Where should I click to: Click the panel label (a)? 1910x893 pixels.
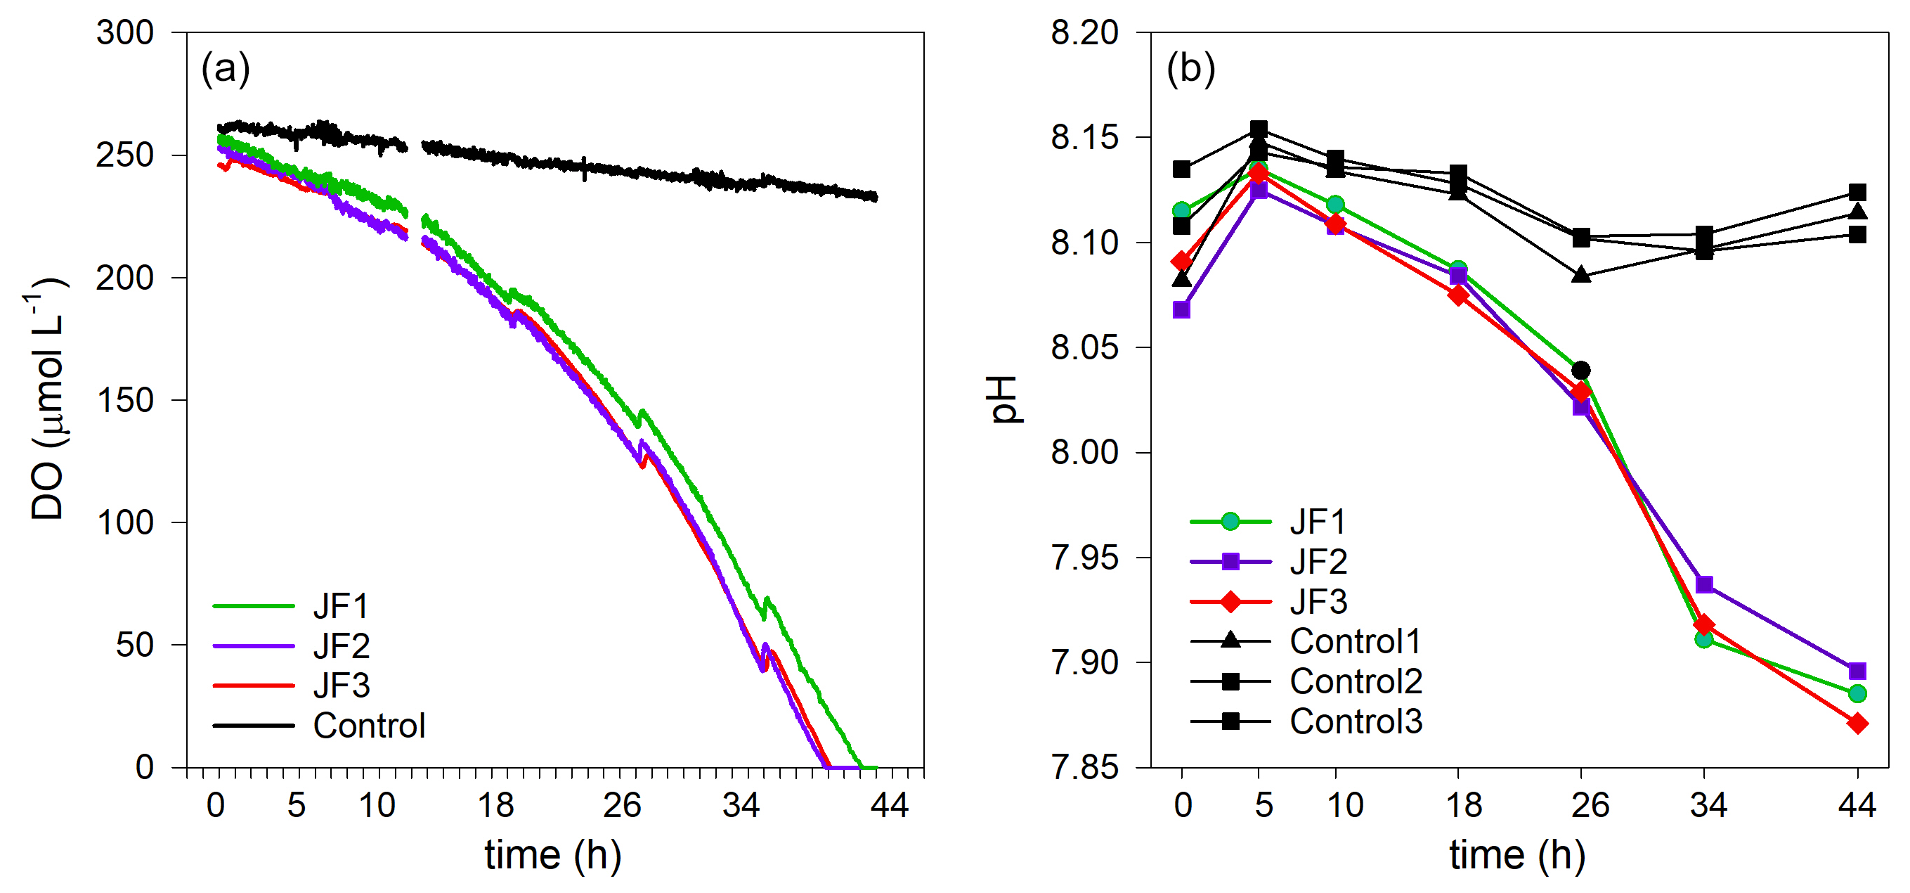[226, 69]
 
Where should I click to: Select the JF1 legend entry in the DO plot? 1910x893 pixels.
[340, 606]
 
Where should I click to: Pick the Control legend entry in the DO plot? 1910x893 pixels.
[368, 726]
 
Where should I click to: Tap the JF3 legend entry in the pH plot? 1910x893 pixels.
[1318, 601]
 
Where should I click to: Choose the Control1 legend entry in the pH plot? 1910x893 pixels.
[1355, 641]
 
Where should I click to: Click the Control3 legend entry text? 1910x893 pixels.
[1356, 721]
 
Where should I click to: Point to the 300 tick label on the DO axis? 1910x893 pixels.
[124, 33]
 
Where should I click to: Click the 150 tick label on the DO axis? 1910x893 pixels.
[124, 401]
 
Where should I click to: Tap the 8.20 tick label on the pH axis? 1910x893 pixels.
[1084, 33]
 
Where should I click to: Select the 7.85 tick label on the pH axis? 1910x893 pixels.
[1084, 767]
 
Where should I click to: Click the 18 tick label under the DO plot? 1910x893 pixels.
[495, 806]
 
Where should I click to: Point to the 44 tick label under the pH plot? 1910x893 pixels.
[1857, 806]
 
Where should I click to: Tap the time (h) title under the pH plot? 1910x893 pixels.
[1517, 855]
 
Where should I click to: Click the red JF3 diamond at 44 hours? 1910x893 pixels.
[1857, 723]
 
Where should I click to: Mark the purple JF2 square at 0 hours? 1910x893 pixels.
[1182, 309]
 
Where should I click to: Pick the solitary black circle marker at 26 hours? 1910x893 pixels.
[1581, 370]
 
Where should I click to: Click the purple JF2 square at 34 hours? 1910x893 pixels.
[1704, 584]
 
